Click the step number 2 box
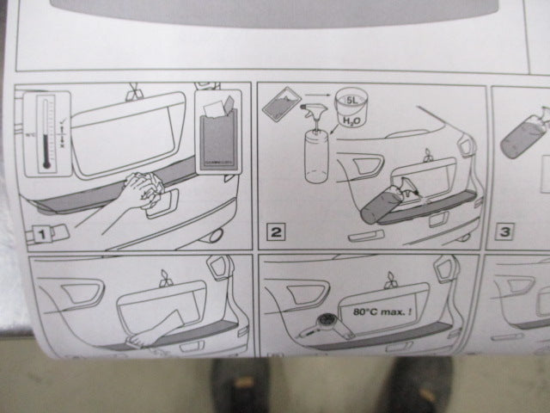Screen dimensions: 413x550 [276, 230]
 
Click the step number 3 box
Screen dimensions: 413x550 [507, 231]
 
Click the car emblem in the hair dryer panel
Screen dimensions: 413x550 [392, 277]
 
